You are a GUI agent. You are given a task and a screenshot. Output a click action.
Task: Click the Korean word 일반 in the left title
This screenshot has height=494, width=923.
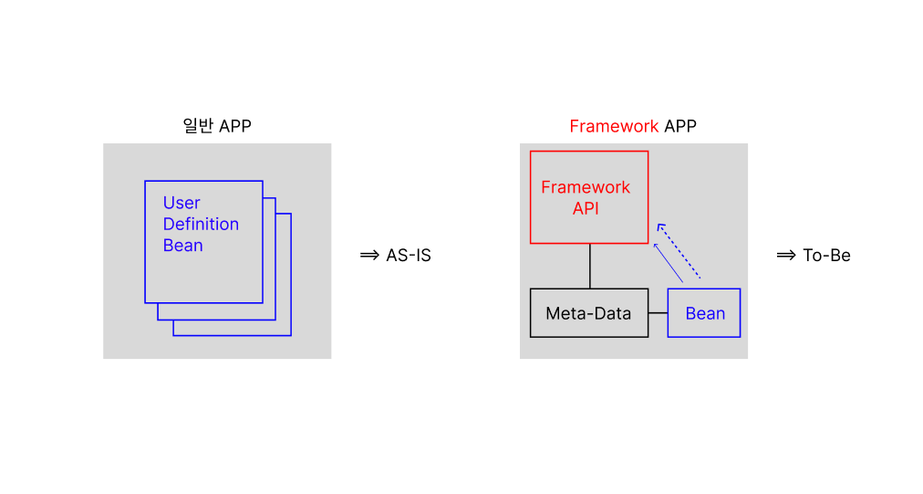tap(198, 126)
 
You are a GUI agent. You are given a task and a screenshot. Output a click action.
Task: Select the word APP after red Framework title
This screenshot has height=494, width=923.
tap(680, 126)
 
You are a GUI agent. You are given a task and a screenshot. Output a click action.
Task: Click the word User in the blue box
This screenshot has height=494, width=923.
tap(181, 203)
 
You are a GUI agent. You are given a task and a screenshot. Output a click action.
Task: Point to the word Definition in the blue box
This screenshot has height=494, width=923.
tap(201, 224)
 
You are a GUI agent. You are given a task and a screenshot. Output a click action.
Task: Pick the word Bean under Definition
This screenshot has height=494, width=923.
tap(183, 246)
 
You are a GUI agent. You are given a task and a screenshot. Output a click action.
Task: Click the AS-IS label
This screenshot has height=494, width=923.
tap(409, 256)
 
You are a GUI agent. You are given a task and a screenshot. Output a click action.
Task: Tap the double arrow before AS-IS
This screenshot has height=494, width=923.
tap(369, 255)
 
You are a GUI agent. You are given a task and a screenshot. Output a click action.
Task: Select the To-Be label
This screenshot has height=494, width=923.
tap(827, 256)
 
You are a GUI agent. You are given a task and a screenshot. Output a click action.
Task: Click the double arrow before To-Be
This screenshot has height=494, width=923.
tap(786, 255)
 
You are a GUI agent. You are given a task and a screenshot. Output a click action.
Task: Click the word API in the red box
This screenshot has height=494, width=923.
tap(586, 209)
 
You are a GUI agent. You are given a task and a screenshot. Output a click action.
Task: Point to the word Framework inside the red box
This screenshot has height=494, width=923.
tap(586, 187)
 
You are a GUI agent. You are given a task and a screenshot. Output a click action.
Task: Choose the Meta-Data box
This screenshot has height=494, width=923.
tap(589, 313)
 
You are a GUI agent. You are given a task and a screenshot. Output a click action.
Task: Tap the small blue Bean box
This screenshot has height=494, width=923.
tap(704, 313)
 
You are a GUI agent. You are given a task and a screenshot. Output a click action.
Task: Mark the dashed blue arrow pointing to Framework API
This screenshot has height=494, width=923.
tap(679, 251)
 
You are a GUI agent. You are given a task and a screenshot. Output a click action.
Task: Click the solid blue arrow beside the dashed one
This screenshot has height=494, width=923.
tap(669, 263)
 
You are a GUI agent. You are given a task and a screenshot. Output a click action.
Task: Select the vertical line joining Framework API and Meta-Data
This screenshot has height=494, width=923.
tap(590, 266)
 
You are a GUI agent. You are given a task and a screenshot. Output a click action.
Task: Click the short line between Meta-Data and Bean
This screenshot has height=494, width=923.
tap(659, 313)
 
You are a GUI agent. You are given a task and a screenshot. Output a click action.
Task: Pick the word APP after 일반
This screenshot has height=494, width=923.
tap(235, 126)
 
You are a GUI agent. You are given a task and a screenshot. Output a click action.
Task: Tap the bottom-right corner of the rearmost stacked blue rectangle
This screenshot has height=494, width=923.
tap(291, 335)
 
